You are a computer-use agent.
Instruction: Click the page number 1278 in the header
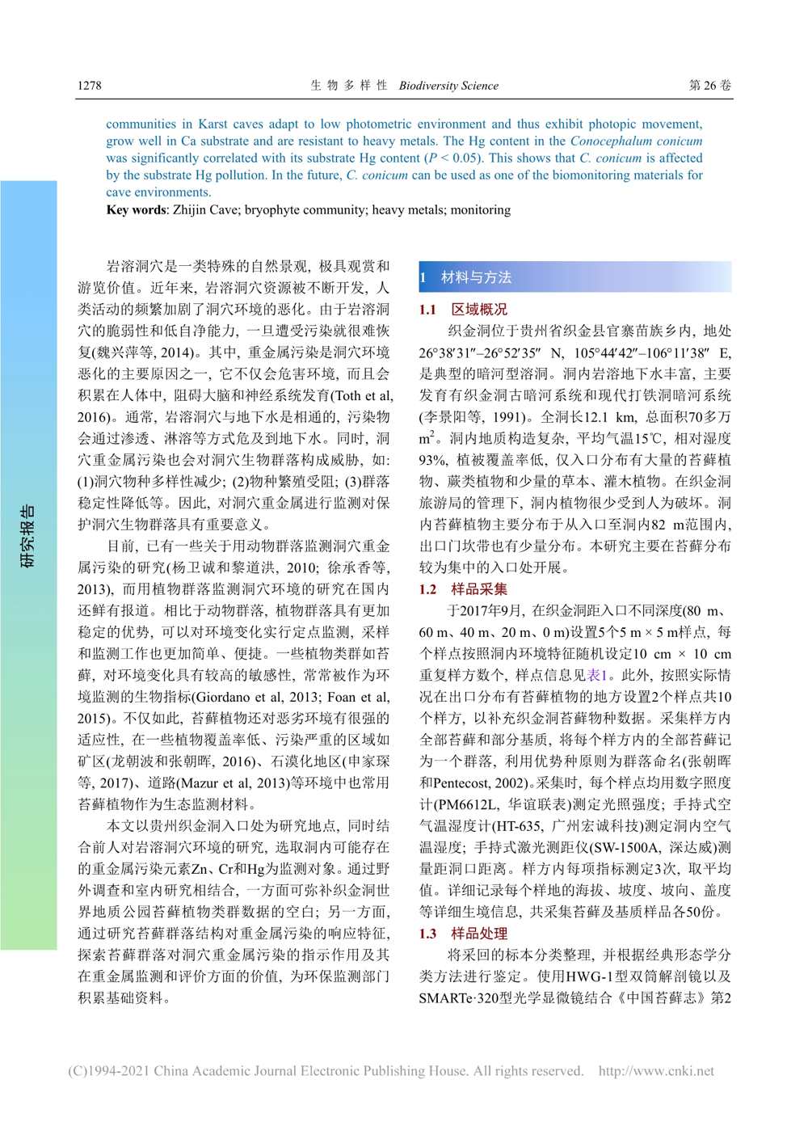pos(90,85)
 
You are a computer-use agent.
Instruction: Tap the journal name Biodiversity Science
pos(448,86)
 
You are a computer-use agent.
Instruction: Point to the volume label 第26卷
pos(710,85)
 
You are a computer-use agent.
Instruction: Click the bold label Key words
pos(137,210)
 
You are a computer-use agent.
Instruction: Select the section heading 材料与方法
pos(476,277)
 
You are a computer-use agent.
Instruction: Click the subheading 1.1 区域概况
pos(463,309)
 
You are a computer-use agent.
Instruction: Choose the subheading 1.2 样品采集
pos(463,589)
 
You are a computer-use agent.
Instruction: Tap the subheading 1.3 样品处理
pos(463,934)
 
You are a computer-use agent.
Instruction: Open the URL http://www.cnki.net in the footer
pos(656,1071)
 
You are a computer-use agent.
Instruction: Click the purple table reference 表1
pos(598,675)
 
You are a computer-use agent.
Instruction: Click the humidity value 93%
pos(432,460)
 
